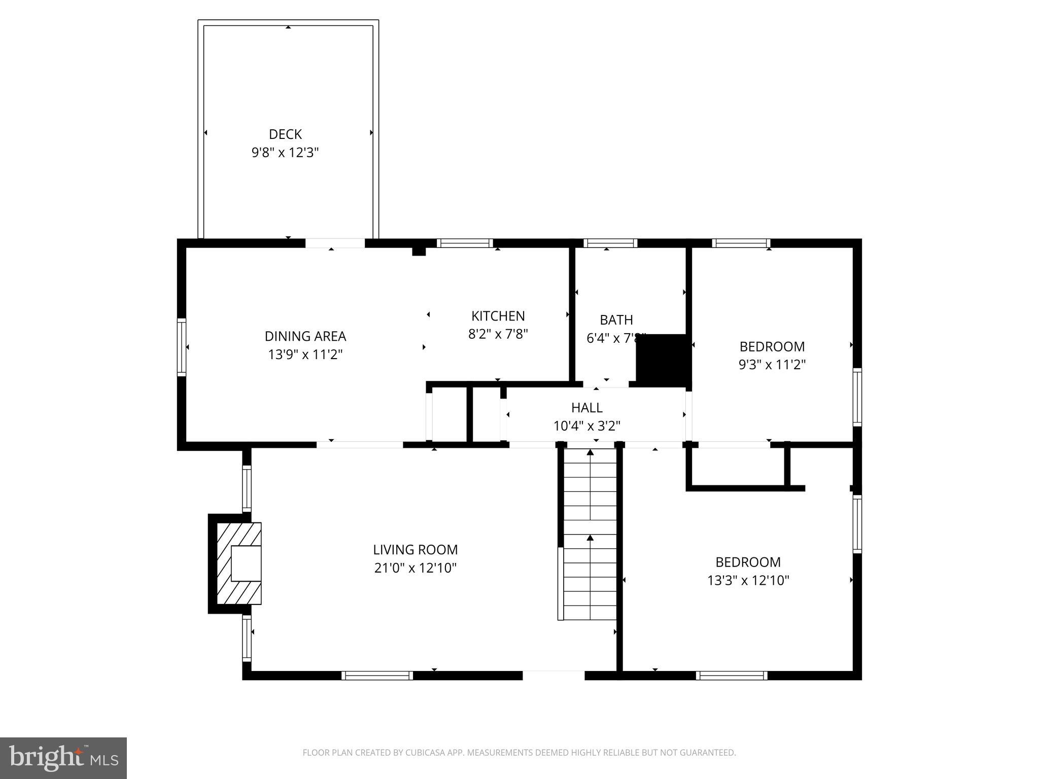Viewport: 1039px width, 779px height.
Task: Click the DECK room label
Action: [x=285, y=134]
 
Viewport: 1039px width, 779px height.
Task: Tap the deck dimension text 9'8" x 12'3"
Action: [x=285, y=152]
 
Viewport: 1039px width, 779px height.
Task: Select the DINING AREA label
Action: [x=305, y=336]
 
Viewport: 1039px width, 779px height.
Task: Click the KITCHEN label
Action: [x=498, y=316]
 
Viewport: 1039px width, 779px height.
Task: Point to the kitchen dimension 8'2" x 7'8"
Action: [x=498, y=334]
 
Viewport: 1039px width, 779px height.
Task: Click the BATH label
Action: [x=616, y=320]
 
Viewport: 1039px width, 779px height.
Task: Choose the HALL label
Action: [x=587, y=408]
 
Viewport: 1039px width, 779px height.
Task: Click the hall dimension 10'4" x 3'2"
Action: [x=587, y=426]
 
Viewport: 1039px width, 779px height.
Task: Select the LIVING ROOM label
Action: [x=415, y=550]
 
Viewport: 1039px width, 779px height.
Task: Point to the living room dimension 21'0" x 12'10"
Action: [x=415, y=568]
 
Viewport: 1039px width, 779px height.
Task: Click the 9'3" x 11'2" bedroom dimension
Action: [x=772, y=365]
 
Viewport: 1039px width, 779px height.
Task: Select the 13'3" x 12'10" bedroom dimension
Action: [x=748, y=580]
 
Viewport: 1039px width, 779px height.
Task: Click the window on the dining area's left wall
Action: [x=182, y=347]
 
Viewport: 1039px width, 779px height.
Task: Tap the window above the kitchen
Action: [x=465, y=243]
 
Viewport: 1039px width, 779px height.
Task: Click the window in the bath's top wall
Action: [x=610, y=243]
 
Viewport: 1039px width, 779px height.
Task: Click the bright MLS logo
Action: [x=63, y=758]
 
